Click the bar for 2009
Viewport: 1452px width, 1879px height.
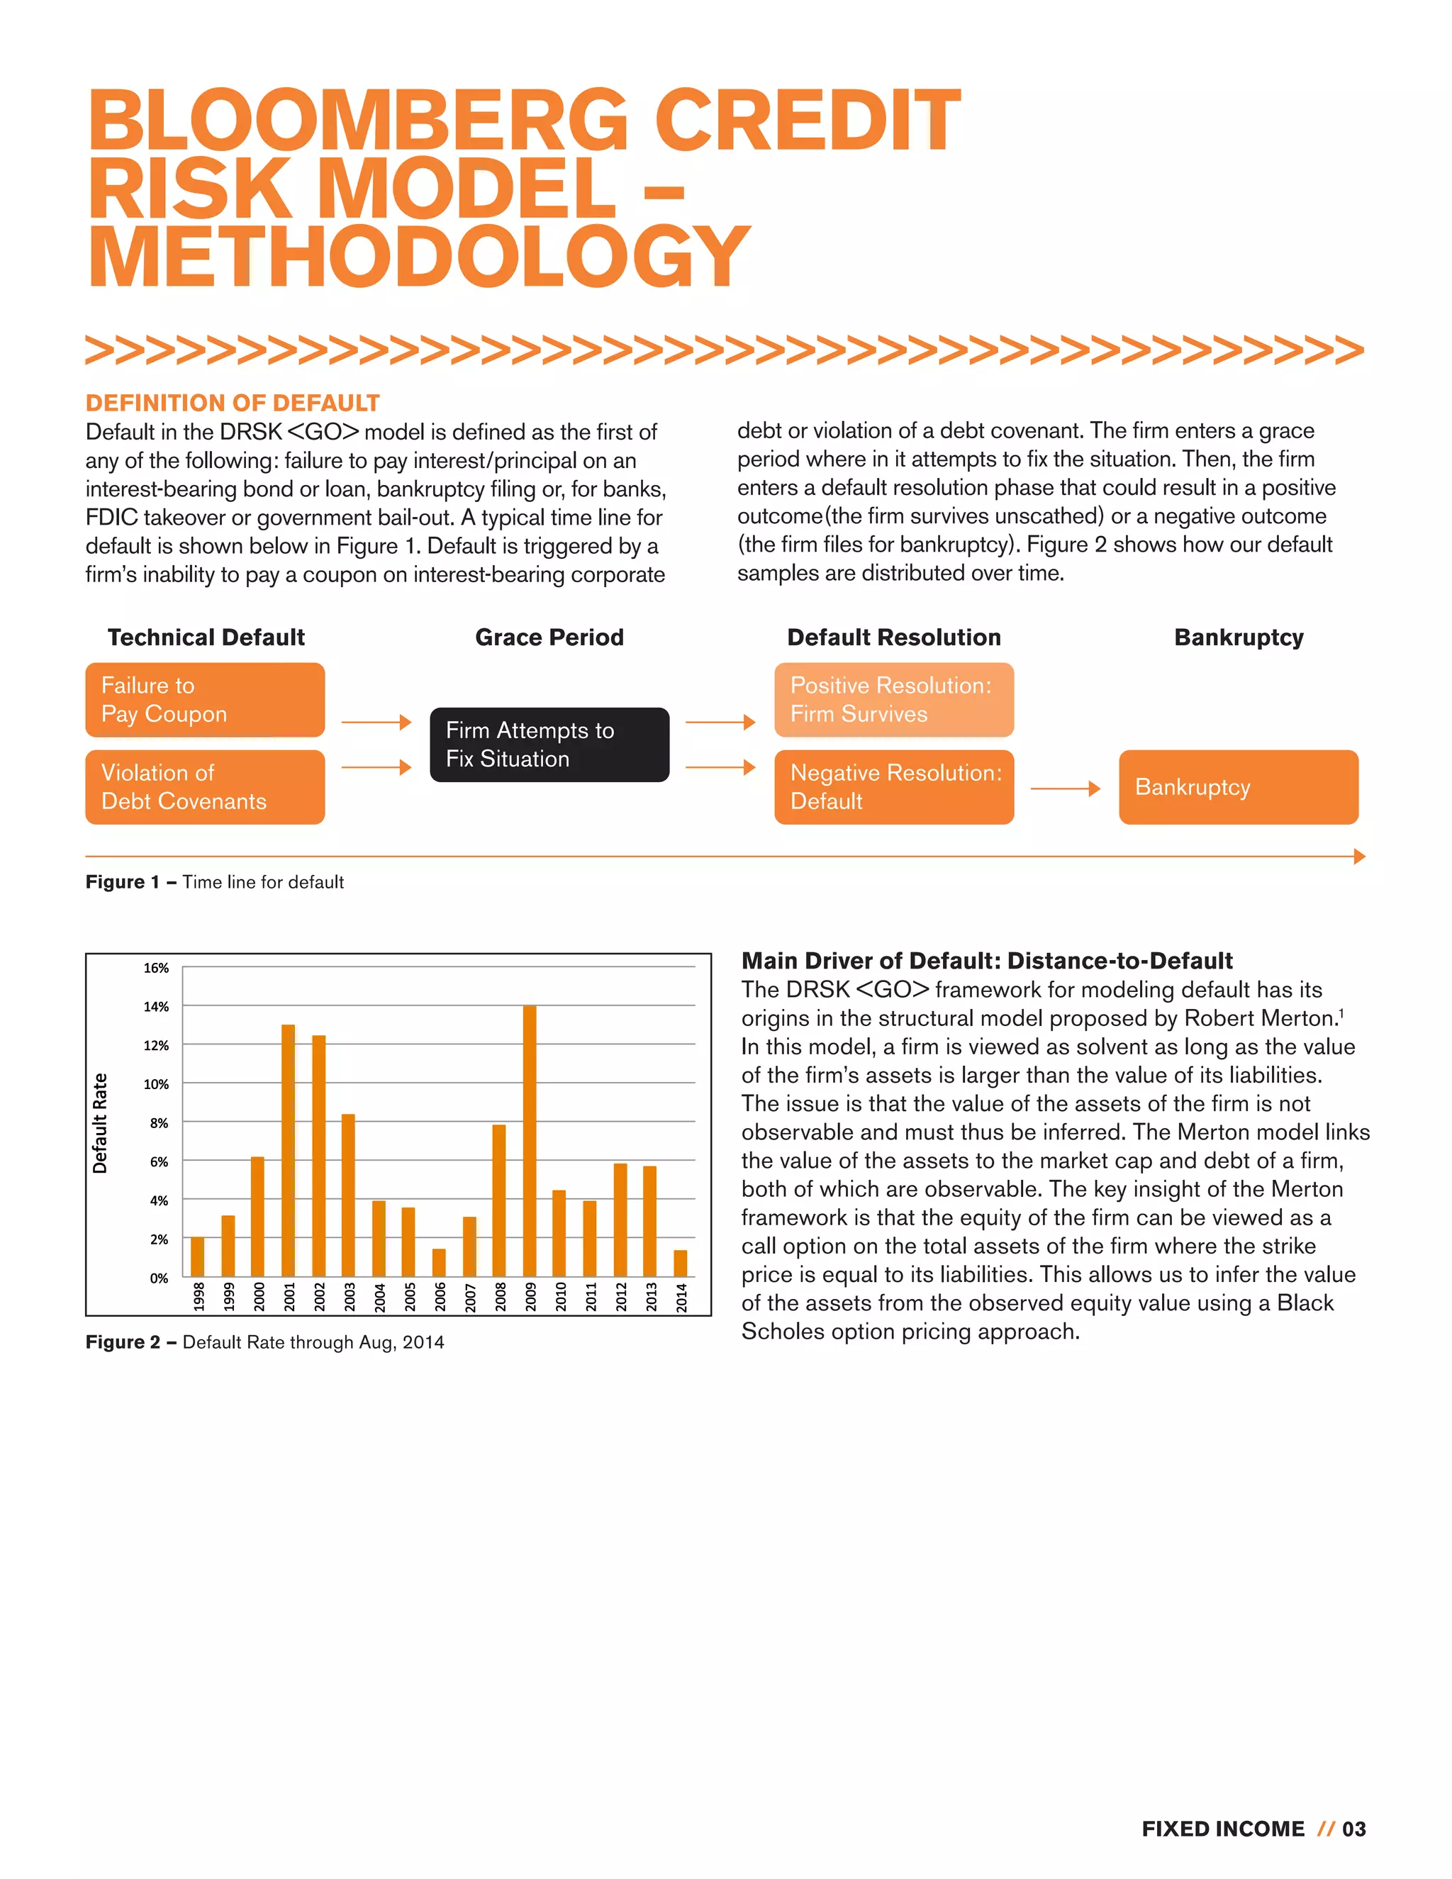point(529,1141)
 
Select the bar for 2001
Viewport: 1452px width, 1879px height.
point(288,1150)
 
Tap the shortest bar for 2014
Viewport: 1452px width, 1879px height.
point(681,1263)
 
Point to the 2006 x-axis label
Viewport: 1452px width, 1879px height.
point(440,1297)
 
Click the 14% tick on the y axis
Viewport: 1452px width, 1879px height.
point(156,1007)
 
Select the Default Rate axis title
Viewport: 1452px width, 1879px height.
point(100,1122)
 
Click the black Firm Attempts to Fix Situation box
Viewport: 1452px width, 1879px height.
point(549,745)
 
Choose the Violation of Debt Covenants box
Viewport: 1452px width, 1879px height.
point(205,787)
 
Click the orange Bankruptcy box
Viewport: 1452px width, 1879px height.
point(1238,787)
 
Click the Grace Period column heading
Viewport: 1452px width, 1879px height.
point(549,637)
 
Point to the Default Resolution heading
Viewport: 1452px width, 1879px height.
point(894,637)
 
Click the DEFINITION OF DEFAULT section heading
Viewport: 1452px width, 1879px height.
point(233,403)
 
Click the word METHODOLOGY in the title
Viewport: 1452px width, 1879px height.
point(419,257)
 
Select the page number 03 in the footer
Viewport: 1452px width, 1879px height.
point(1354,1829)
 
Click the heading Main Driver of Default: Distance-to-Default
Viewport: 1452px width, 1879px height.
point(987,961)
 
